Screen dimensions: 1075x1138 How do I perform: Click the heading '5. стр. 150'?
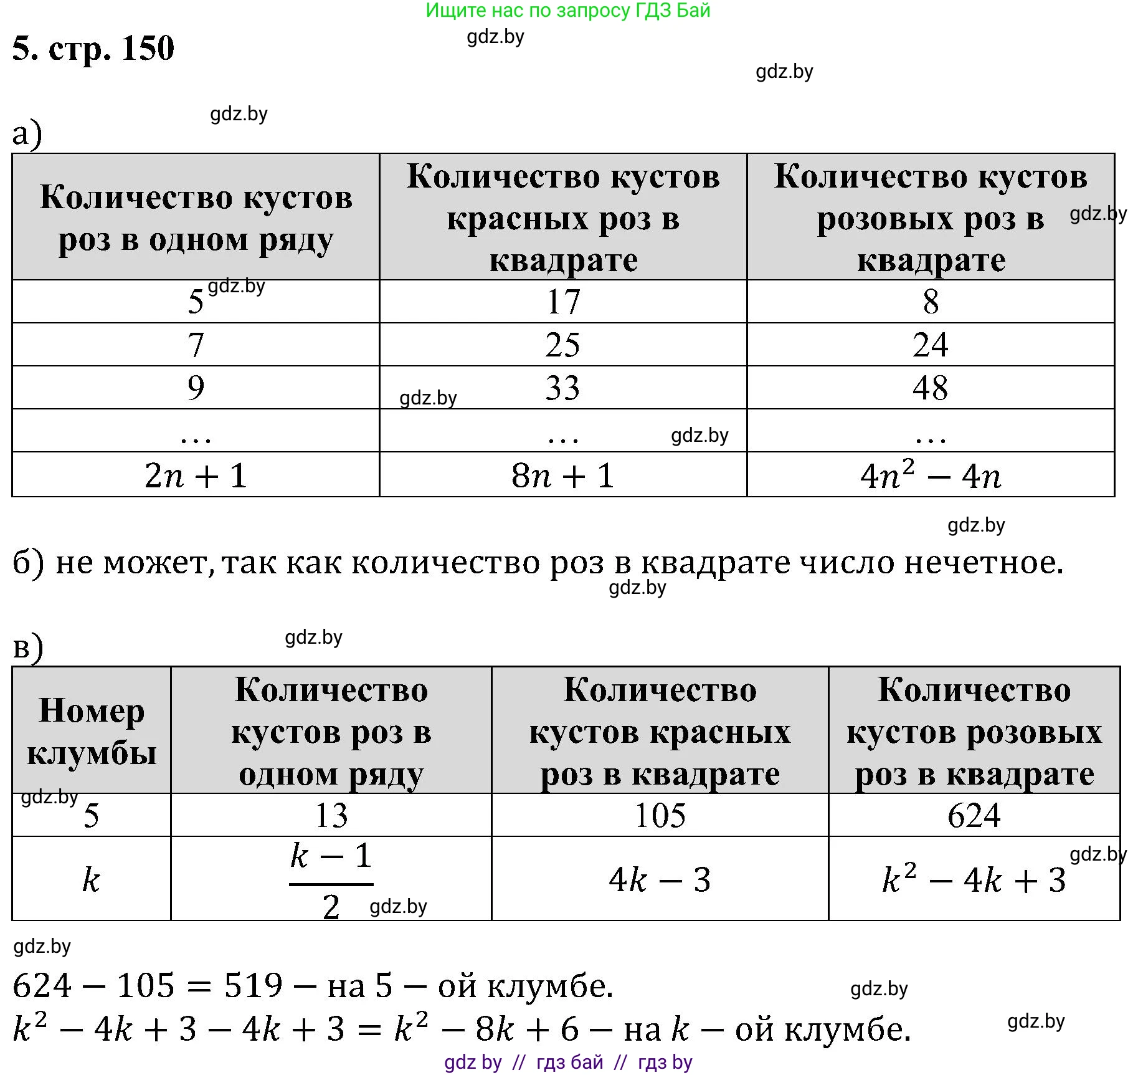click(93, 48)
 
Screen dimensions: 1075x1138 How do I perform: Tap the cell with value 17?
click(563, 302)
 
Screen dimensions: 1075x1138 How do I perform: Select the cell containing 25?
click(562, 345)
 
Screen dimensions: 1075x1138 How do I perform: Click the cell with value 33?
click(562, 388)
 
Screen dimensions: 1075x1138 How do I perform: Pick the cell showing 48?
click(930, 388)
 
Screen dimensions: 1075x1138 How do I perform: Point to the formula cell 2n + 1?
click(196, 475)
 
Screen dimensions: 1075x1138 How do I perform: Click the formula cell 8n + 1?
click(562, 475)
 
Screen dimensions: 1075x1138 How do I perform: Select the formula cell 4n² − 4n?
click(930, 475)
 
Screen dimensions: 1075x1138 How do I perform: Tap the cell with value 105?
click(660, 815)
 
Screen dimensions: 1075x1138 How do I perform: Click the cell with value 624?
click(974, 815)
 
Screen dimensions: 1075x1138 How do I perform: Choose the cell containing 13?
click(331, 815)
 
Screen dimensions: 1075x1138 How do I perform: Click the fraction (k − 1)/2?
click(331, 879)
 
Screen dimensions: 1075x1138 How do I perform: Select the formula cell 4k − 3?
click(660, 879)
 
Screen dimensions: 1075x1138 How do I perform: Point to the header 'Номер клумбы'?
click(92, 731)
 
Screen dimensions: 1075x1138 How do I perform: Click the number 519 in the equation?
click(253, 985)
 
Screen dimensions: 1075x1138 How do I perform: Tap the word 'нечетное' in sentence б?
click(983, 563)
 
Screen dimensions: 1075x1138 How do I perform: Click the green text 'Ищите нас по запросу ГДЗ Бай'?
click(567, 11)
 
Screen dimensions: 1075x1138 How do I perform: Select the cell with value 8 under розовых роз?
click(930, 302)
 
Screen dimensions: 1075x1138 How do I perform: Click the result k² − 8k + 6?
click(486, 1029)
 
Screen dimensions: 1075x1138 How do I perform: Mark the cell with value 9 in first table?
click(196, 388)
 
